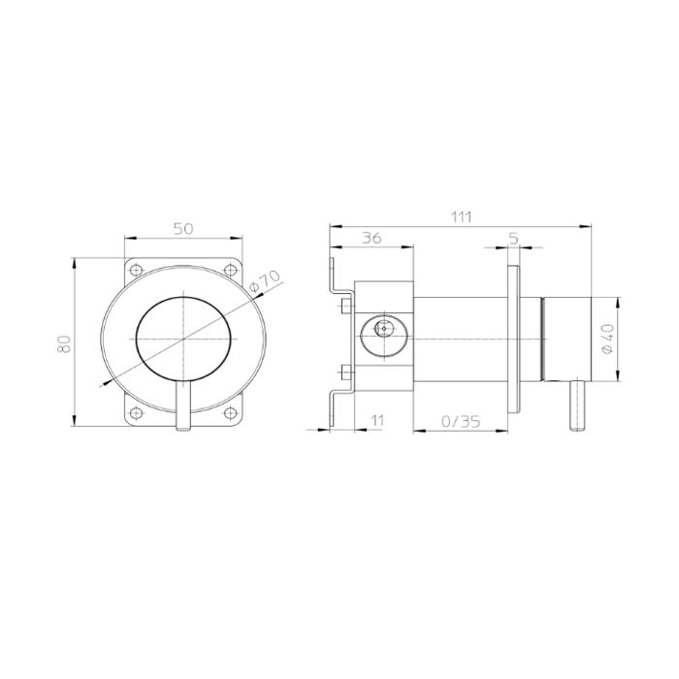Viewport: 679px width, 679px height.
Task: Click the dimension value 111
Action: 461,216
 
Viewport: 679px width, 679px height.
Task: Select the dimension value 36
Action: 372,238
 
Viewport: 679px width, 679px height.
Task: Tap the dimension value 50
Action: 183,228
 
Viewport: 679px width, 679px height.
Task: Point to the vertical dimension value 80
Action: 64,343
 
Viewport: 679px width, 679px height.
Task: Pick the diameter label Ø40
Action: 608,339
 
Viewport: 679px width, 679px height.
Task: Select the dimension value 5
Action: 513,238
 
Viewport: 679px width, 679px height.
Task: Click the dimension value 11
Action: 378,420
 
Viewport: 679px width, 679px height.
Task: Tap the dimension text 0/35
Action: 461,421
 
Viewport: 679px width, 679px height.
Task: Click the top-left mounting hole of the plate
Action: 137,271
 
